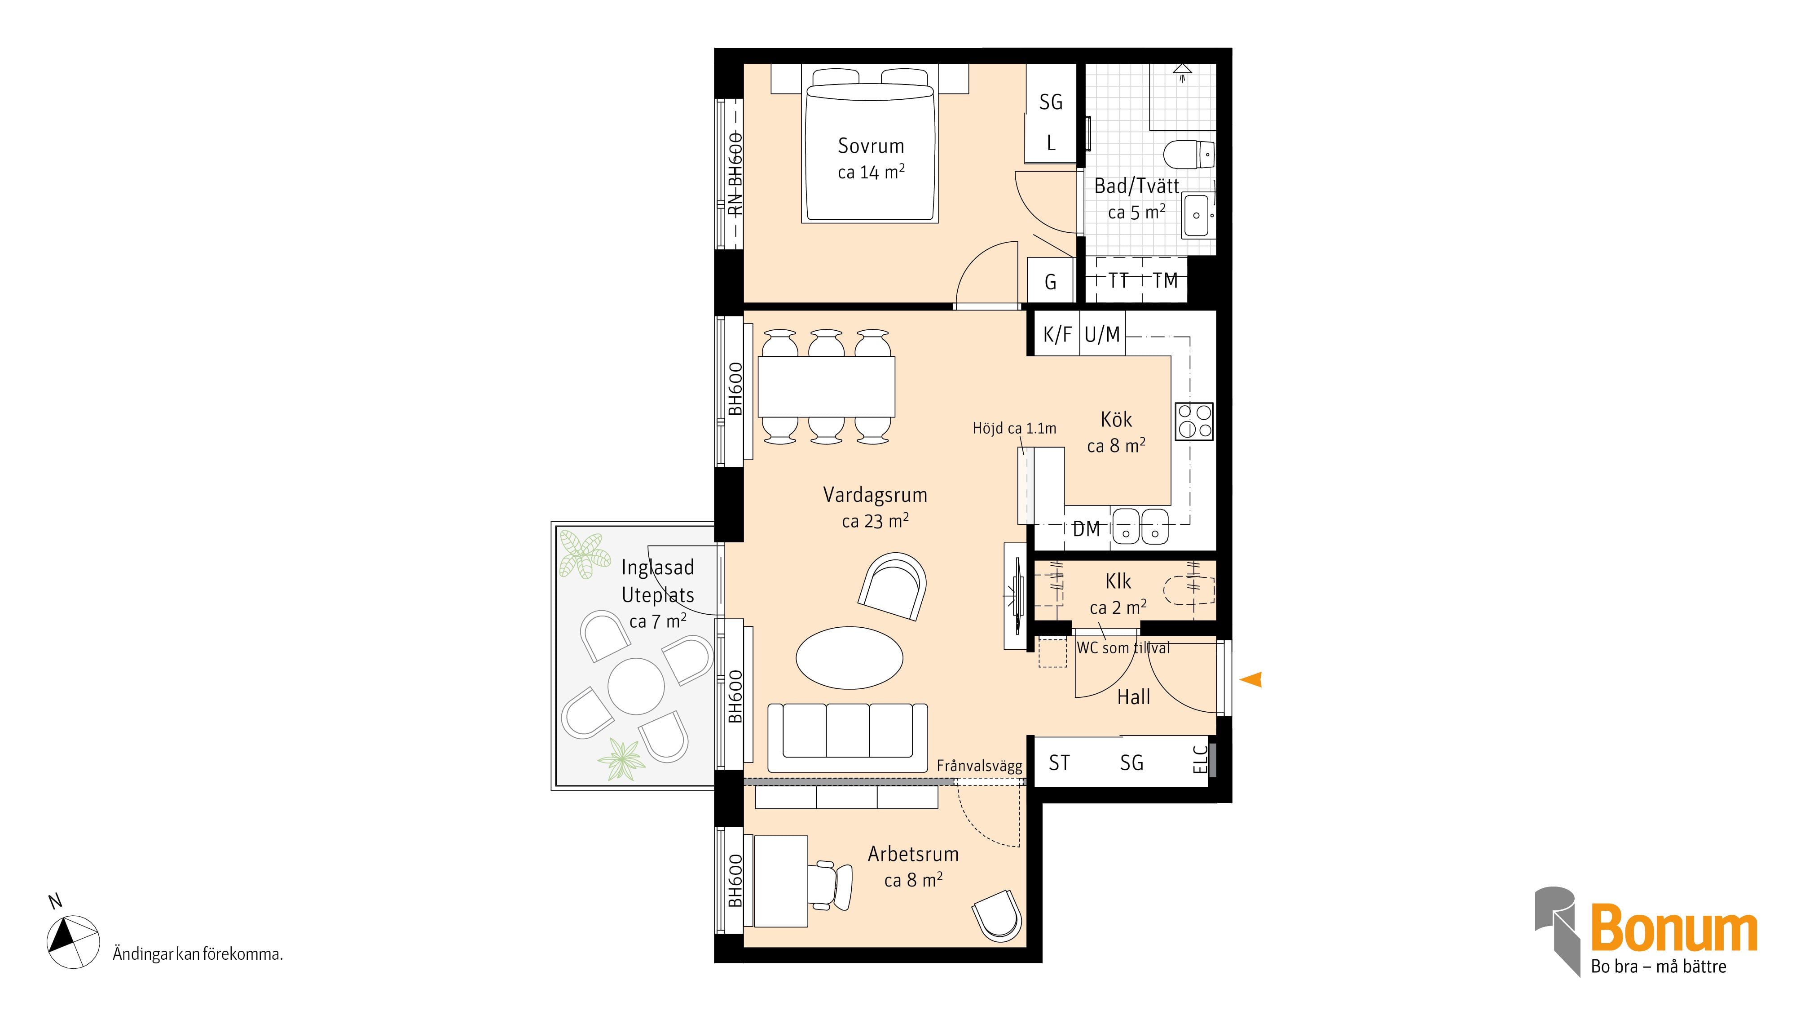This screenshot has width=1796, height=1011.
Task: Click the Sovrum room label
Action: point(871,146)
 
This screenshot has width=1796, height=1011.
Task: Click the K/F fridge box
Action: point(1056,334)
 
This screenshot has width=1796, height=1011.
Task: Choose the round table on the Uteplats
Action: point(636,686)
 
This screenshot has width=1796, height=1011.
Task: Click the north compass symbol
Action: point(72,941)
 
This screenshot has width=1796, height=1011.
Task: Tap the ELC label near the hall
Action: point(1200,760)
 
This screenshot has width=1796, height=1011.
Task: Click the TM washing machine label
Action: point(1165,281)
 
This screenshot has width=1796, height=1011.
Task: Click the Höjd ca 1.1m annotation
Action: point(1014,428)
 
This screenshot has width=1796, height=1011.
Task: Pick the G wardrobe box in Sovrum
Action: point(1050,280)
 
